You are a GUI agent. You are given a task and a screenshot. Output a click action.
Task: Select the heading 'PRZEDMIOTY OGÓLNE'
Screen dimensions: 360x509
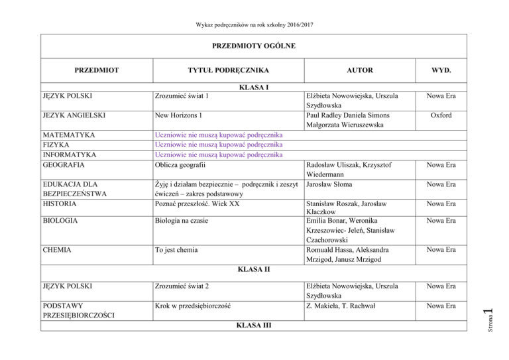click(254, 46)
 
